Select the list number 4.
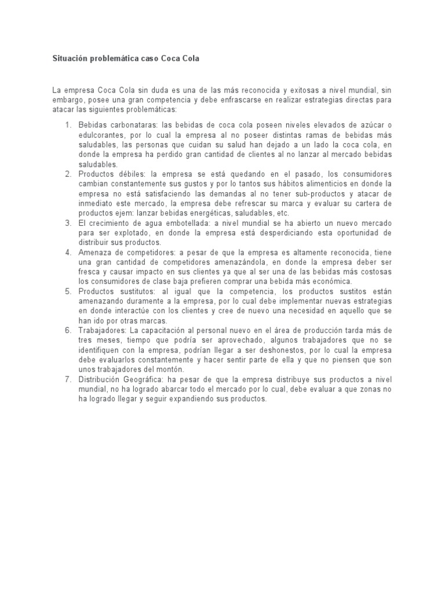67,252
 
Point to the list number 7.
67,379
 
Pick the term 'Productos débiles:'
112,174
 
